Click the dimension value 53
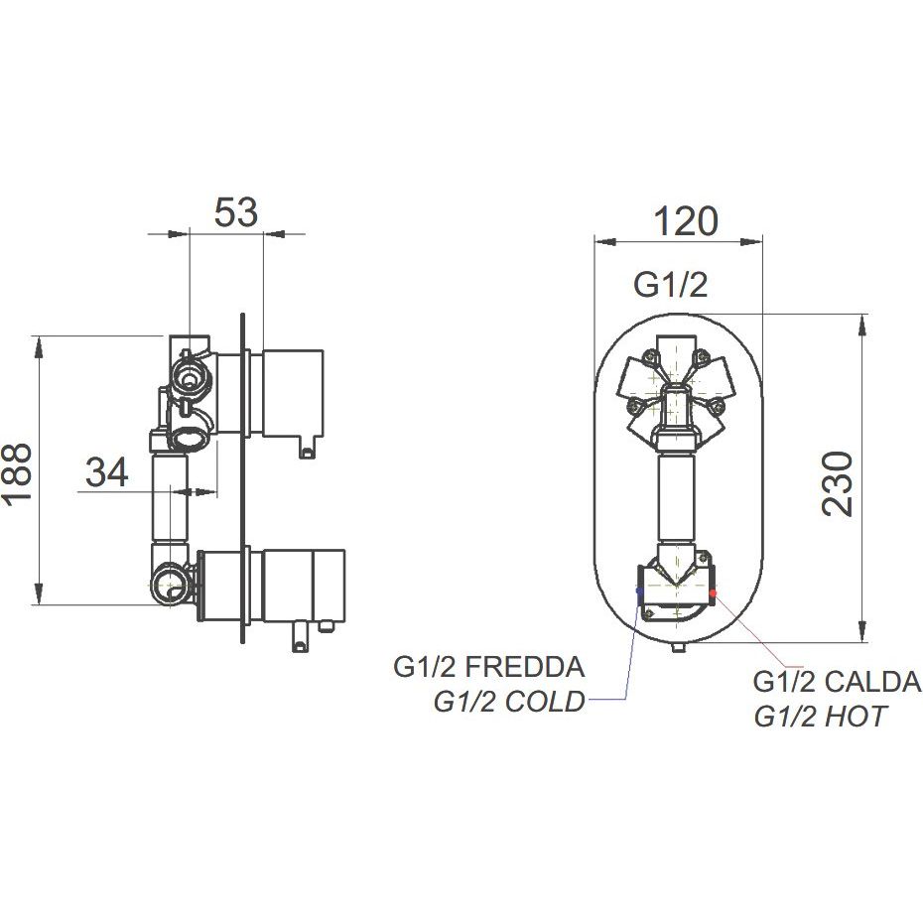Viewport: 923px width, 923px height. (x=235, y=212)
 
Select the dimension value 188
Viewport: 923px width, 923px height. (x=16, y=472)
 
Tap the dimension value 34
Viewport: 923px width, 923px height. (x=106, y=472)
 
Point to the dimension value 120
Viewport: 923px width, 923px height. (x=686, y=221)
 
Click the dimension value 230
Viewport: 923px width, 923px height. (x=837, y=484)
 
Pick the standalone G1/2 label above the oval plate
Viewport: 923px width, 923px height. (x=670, y=286)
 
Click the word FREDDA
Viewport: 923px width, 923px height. (x=525, y=667)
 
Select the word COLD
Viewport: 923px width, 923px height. (x=545, y=701)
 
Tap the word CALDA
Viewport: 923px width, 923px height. (x=872, y=682)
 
